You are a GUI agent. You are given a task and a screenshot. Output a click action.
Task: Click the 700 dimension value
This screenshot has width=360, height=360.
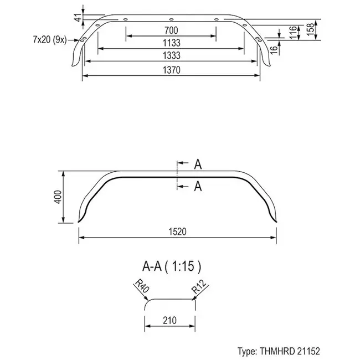coord(171,29)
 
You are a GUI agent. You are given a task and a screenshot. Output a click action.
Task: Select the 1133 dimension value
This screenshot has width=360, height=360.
coord(171,43)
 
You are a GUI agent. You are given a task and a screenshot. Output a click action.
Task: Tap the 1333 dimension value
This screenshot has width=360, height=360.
coord(171,55)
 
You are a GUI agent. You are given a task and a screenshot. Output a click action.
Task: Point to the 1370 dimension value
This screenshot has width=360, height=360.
coord(171,69)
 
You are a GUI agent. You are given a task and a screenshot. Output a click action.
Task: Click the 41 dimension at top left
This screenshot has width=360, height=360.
coord(78,19)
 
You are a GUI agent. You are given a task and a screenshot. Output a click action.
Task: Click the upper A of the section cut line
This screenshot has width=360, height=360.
coord(198,164)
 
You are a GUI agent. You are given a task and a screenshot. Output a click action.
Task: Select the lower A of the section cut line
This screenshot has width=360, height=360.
coord(198,187)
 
